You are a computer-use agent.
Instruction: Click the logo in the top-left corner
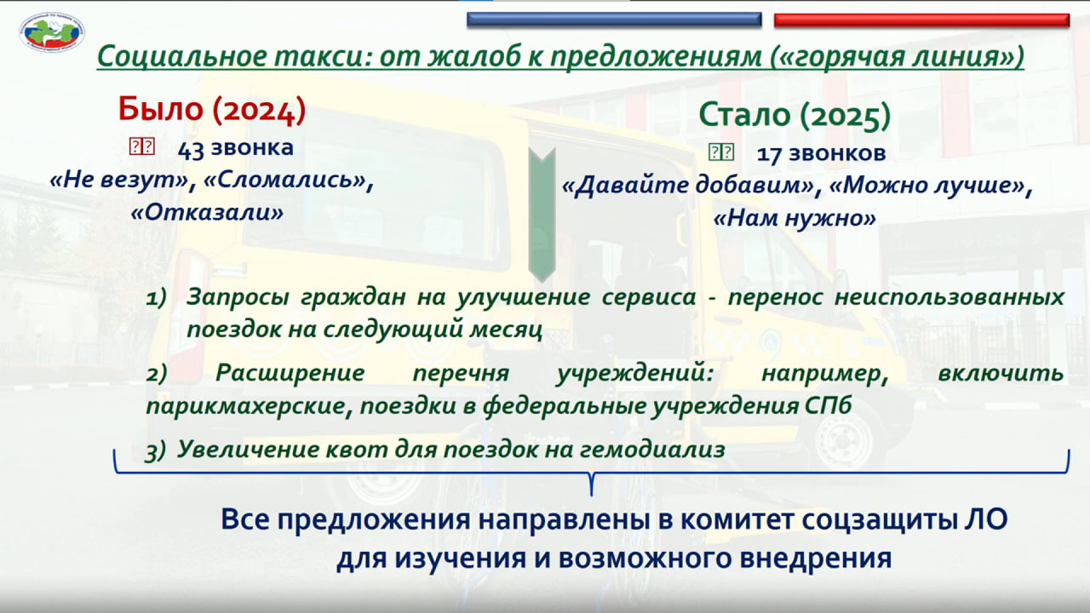tap(52, 32)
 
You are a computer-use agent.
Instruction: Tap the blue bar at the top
tap(614, 20)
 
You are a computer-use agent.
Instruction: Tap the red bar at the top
tap(921, 20)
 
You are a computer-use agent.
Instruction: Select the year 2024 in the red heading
tap(259, 110)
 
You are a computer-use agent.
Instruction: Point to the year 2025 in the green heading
tap(845, 116)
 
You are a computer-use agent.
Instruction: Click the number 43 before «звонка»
tap(191, 149)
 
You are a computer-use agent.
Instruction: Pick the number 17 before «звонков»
tap(769, 155)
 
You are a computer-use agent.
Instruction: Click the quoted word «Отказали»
tap(207, 212)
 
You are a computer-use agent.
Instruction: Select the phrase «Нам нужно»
tap(795, 218)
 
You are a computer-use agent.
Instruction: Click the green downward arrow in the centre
tap(542, 215)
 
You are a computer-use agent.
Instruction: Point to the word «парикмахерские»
tap(244, 406)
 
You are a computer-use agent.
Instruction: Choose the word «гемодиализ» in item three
tap(652, 449)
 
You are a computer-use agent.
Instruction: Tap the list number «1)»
tap(156, 297)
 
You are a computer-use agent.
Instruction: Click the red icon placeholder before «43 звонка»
tap(142, 146)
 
